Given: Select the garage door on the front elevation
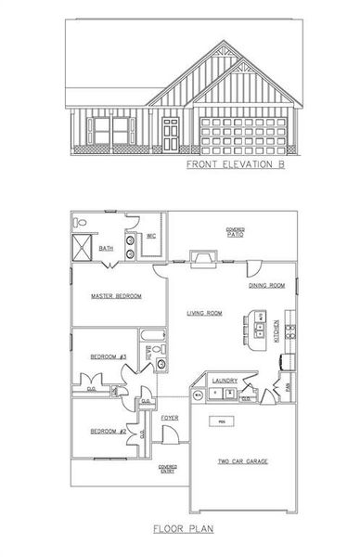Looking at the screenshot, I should pos(239,133).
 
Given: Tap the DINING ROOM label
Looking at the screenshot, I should pos(266,286).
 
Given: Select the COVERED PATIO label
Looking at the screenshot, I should pos(235,232).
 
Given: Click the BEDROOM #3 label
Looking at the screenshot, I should pos(109,357).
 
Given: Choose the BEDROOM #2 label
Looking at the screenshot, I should pos(109,431).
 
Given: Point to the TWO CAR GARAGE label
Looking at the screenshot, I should pos(242,460).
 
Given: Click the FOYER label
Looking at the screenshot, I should pos(169,418).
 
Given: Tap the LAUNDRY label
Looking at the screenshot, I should pos(225,380).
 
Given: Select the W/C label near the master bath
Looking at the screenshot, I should pos(150,237).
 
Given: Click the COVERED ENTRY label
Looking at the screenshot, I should pos(168,469).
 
